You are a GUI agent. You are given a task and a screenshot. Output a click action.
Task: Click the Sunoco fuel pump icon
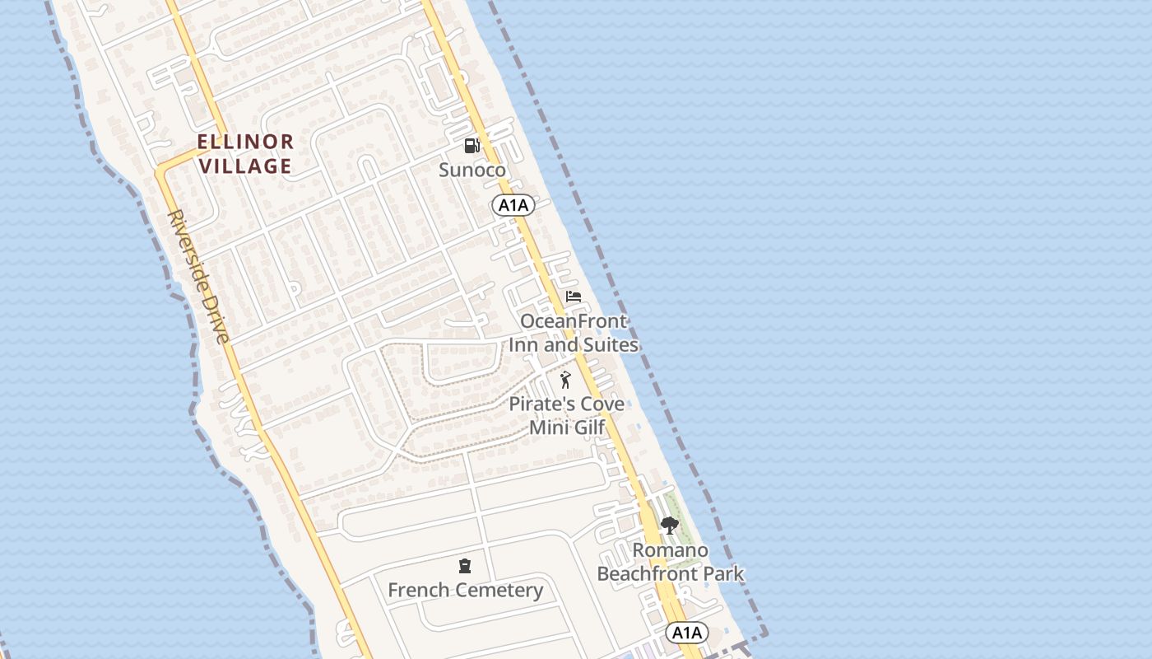(471, 146)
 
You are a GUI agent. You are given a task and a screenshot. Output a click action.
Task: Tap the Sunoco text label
(471, 171)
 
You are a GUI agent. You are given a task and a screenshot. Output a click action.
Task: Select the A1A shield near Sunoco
(513, 206)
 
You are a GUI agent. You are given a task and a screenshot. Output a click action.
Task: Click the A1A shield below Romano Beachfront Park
(686, 633)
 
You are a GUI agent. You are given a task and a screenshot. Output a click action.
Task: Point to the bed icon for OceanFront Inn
(574, 297)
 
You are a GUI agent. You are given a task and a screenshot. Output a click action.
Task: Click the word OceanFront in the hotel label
(574, 321)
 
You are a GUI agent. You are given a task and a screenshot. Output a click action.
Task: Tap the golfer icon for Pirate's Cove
(564, 380)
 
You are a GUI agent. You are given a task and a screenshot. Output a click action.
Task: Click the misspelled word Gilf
(588, 428)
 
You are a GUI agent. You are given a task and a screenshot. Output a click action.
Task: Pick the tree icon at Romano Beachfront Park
(669, 526)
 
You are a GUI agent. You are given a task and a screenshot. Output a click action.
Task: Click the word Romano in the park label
(670, 550)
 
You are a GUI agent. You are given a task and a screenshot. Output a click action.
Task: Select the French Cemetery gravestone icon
(465, 566)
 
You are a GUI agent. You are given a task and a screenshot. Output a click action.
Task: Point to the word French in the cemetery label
(418, 591)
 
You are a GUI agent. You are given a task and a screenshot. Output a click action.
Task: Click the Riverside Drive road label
(198, 276)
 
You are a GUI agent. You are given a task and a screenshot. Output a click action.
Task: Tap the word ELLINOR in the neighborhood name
(245, 142)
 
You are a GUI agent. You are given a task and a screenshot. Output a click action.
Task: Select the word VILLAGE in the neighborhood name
(245, 166)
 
